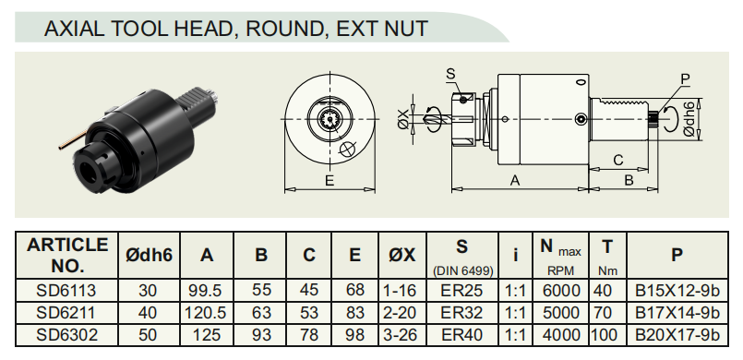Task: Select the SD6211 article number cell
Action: [x=66, y=313]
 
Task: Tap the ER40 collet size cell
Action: [x=462, y=335]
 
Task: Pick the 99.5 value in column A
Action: [x=205, y=291]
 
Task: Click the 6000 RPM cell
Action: [x=561, y=291]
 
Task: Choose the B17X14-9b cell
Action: [x=677, y=313]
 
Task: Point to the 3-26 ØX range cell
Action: [x=401, y=335]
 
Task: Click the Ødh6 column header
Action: [x=149, y=255]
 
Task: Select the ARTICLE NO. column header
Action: [x=67, y=255]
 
